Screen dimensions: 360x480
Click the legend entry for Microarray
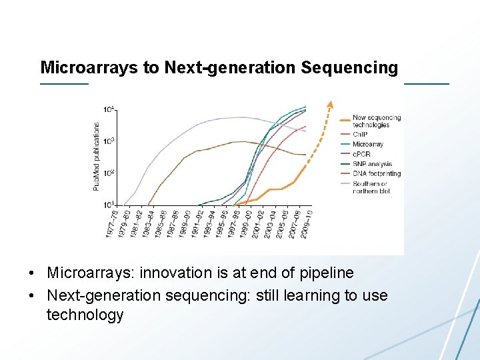coord(367,144)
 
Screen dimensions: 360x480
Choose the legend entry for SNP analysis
coord(371,164)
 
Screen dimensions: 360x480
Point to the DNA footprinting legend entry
coord(376,173)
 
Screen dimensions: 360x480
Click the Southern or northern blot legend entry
coord(369,187)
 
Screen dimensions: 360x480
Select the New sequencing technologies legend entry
coord(376,121)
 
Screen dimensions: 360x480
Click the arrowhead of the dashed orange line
coord(328,105)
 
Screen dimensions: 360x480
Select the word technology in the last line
coord(85,315)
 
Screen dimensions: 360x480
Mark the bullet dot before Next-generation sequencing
coord(33,295)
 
